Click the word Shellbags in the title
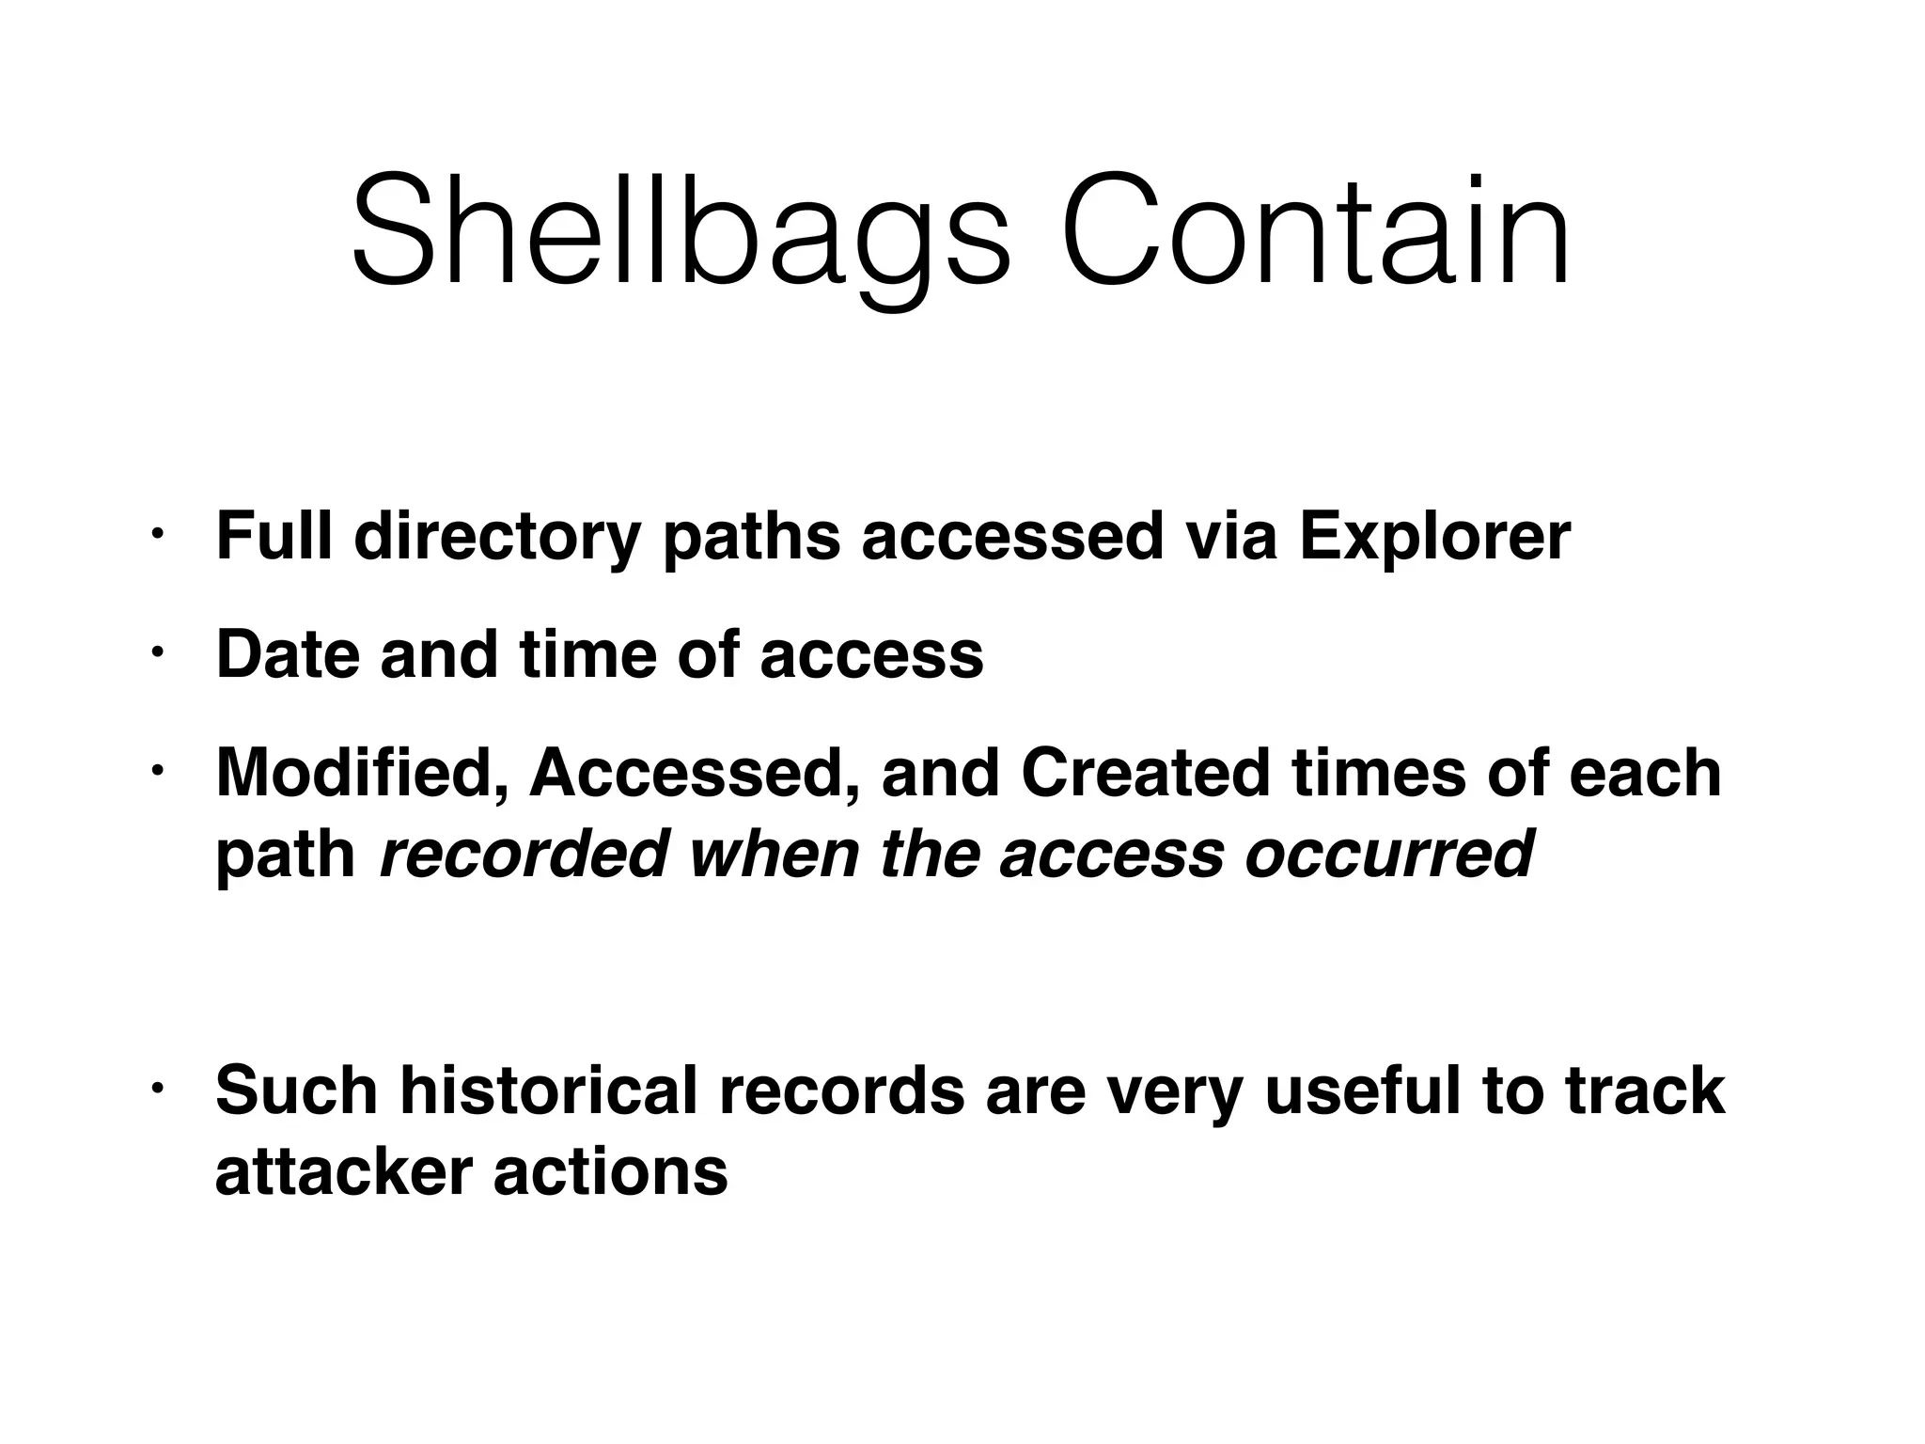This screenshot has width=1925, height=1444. pos(681,230)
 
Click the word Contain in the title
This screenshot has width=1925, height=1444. pos(1316,230)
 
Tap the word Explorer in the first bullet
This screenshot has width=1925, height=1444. pos(1434,538)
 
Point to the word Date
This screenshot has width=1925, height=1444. pos(288,654)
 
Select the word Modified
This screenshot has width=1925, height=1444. pos(362,773)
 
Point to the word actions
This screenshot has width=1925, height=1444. pos(611,1172)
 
